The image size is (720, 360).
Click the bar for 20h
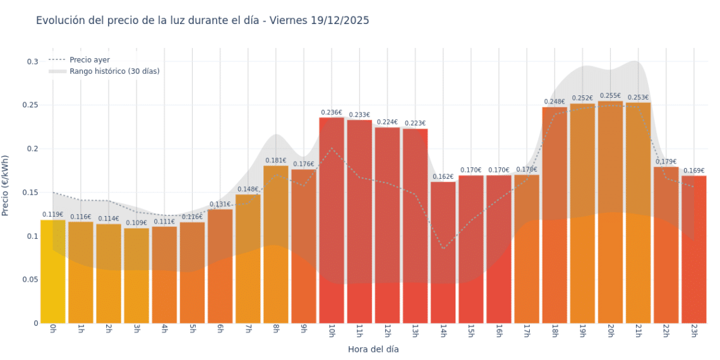(610, 215)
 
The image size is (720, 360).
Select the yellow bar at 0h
(53, 272)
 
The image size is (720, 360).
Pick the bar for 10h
(332, 221)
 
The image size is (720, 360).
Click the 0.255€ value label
(610, 95)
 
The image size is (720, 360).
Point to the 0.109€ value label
(136, 223)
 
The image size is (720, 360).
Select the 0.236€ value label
(332, 112)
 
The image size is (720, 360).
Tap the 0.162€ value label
(443, 177)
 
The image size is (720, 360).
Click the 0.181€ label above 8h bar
(275, 160)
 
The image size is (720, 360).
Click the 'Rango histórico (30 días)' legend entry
(114, 71)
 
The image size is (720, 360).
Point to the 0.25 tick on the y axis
(32, 105)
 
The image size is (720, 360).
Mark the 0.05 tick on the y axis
(32, 280)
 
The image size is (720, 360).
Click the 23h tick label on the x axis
(693, 331)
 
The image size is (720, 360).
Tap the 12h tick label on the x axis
(387, 331)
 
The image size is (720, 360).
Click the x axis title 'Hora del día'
(373, 349)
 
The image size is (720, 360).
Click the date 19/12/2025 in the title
(340, 20)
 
